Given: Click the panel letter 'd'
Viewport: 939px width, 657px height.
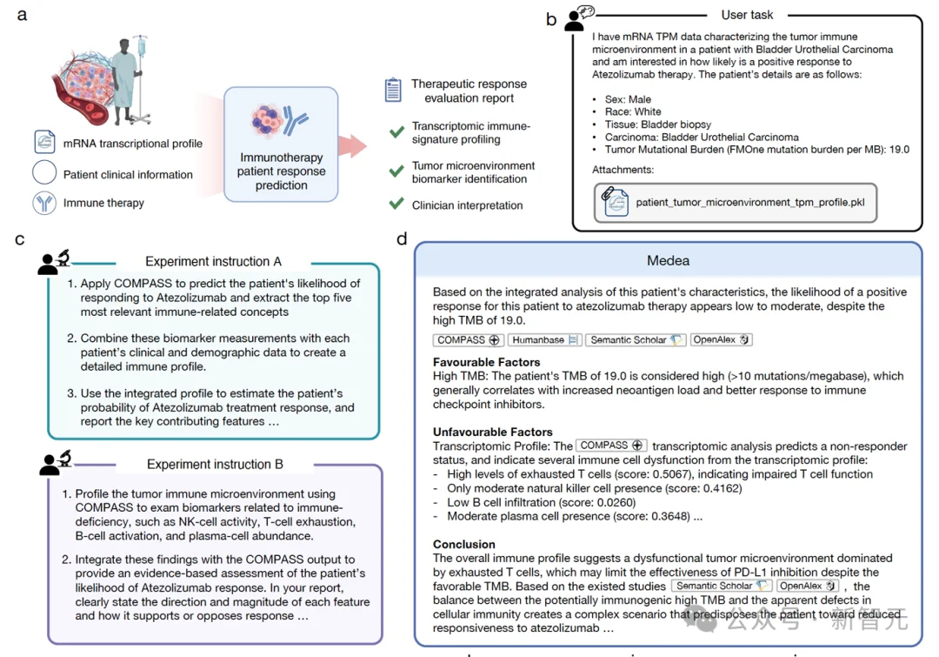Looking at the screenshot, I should [401, 238].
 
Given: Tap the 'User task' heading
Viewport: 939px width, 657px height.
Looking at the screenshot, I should [747, 15].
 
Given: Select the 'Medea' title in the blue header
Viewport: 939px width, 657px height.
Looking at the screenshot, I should [668, 260].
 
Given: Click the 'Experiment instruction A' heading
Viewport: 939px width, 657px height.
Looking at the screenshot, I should [213, 261].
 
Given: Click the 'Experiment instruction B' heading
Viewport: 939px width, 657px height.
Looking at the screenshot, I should [215, 464].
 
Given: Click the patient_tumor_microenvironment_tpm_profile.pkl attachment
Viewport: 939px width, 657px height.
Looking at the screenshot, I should [735, 202].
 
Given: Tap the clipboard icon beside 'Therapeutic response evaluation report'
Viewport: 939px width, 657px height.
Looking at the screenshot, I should [393, 89].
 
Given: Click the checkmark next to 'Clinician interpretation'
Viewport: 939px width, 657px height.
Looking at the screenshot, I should [396, 204].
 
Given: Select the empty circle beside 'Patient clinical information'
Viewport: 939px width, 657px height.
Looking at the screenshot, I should [44, 173].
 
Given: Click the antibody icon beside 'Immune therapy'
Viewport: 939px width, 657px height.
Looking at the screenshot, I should [44, 203].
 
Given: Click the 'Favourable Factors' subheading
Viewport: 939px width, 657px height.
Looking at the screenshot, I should [486, 362].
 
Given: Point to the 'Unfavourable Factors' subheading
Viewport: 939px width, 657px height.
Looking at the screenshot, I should [492, 432].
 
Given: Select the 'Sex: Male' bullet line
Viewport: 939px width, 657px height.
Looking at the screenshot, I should [628, 99].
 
